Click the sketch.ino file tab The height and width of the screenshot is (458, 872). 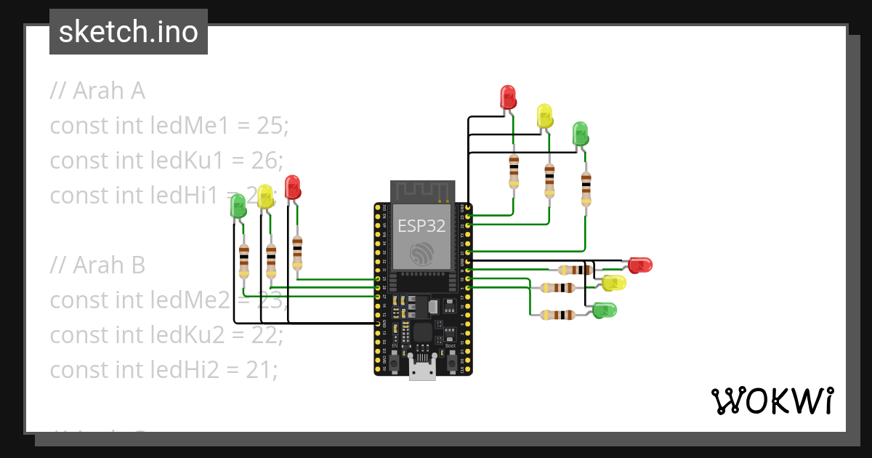[x=129, y=32]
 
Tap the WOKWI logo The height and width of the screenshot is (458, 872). [x=771, y=401]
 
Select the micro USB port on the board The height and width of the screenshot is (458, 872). [x=422, y=369]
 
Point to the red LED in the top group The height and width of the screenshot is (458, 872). [x=508, y=97]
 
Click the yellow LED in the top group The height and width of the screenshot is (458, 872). [x=544, y=116]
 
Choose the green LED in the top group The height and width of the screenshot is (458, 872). [x=580, y=133]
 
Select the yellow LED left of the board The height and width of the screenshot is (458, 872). [x=265, y=196]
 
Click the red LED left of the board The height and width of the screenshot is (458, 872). [x=292, y=187]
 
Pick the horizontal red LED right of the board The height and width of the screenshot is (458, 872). [x=639, y=265]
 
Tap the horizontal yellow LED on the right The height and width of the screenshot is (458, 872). [x=614, y=283]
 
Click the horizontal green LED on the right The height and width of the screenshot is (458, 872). [x=604, y=310]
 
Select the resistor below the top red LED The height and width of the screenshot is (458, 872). [x=514, y=171]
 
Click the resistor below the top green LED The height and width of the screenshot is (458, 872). [x=586, y=188]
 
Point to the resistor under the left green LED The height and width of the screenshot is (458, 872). [x=243, y=261]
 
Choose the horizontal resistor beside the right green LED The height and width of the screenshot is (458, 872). [x=558, y=315]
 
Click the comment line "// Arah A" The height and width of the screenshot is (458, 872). [x=97, y=91]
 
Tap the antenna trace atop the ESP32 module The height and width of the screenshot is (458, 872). [x=422, y=192]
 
